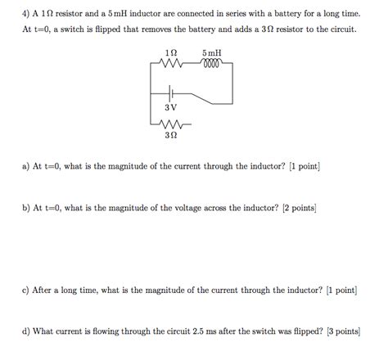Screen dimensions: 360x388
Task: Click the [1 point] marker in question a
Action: pos(304,166)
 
